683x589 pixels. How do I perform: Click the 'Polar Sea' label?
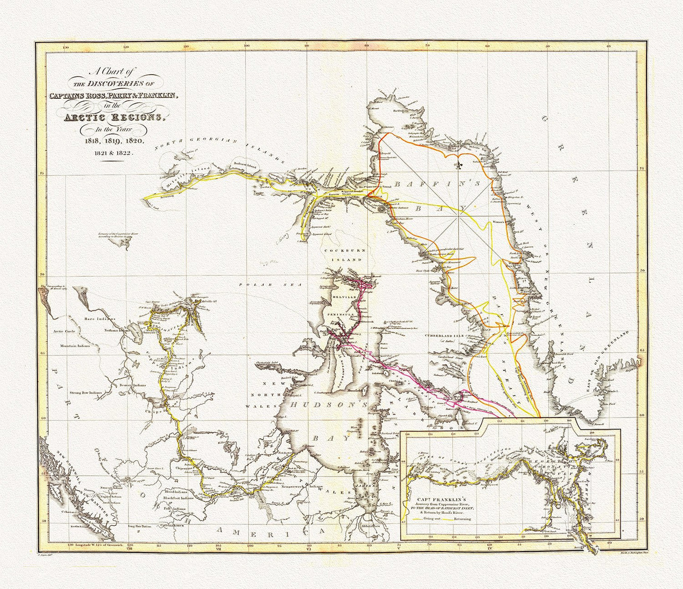point(254,285)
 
